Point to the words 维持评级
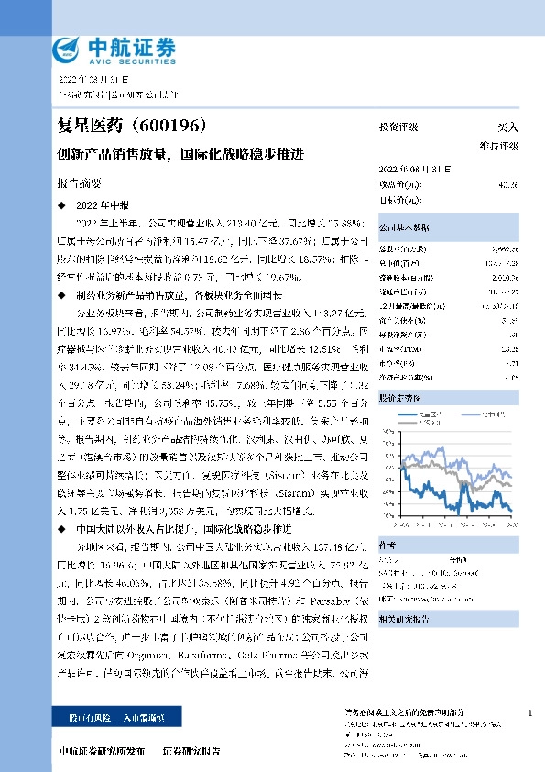(499, 146)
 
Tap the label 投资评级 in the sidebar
(398, 128)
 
